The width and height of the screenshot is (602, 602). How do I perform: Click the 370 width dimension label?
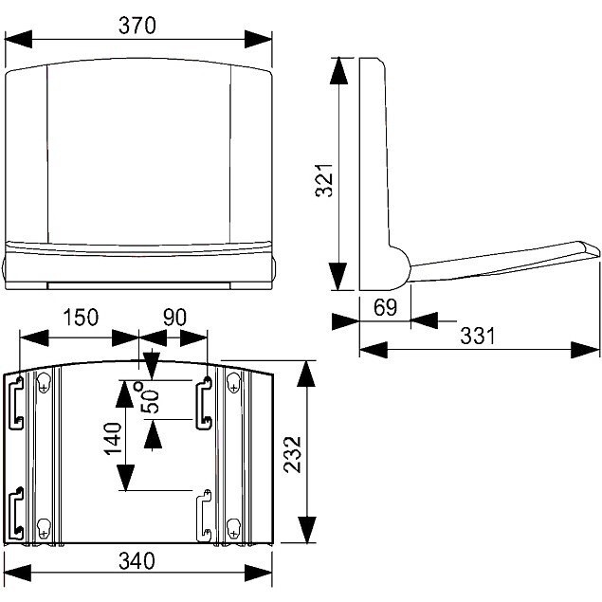click(137, 26)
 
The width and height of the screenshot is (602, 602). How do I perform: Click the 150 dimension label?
click(81, 318)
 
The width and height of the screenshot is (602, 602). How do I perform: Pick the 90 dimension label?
click(173, 318)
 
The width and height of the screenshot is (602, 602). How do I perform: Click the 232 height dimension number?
click(291, 453)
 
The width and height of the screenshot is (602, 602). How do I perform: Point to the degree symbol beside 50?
click(139, 386)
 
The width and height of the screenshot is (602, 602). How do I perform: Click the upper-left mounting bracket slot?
click(16, 402)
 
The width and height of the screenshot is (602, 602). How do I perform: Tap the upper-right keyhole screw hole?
click(232, 382)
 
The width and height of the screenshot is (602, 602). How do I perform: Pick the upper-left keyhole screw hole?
click(43, 382)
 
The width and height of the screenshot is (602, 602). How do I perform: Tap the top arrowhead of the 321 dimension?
click(337, 67)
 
